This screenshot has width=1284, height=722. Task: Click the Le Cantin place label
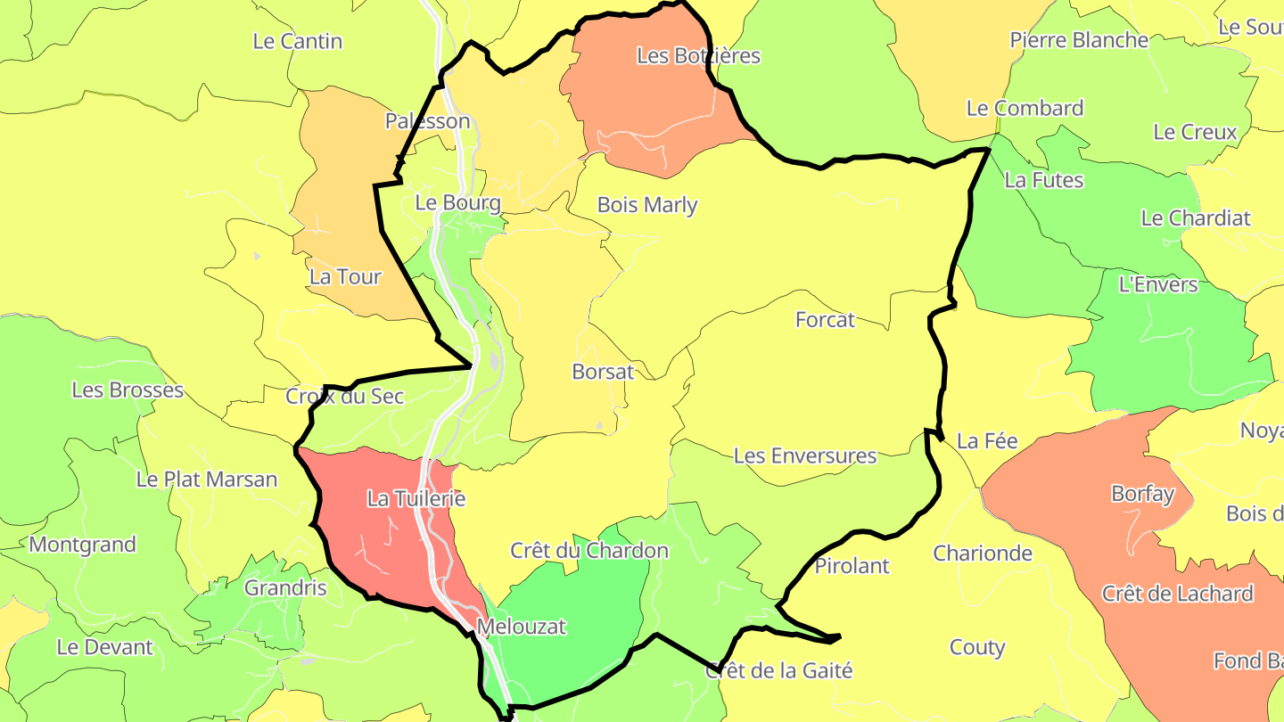tap(298, 41)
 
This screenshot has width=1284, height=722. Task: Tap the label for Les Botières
tap(698, 55)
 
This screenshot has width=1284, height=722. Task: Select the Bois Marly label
tap(647, 205)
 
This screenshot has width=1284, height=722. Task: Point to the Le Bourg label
tap(458, 202)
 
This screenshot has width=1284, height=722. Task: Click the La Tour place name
tap(345, 277)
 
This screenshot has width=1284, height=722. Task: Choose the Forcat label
tap(825, 319)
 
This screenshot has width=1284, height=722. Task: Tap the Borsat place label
tap(603, 372)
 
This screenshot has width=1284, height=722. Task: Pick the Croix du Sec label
tap(344, 397)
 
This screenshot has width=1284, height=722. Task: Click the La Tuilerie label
tap(416, 499)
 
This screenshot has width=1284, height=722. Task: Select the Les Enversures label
tap(805, 455)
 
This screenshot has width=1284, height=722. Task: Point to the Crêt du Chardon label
tap(589, 550)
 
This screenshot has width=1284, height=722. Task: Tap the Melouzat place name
tap(522, 627)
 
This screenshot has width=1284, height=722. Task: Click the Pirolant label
tap(852, 565)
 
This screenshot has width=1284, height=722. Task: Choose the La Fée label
tap(987, 440)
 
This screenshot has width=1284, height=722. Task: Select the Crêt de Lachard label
tap(1177, 594)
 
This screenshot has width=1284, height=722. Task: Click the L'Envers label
tap(1158, 284)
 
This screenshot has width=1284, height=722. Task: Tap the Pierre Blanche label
tap(1079, 40)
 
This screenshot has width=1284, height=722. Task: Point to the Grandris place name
tap(285, 588)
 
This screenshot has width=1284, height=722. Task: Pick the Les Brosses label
tap(128, 390)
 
